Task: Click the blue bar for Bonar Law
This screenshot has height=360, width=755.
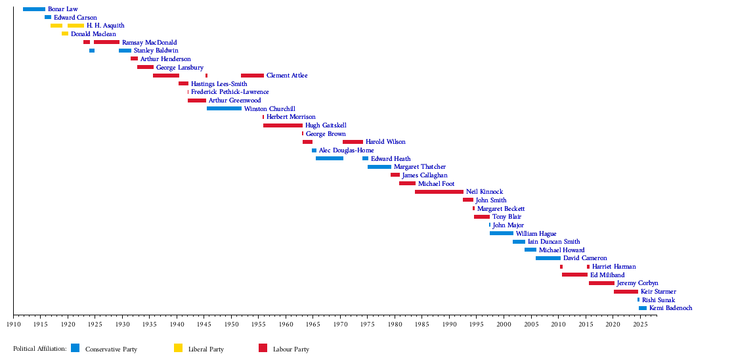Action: (33, 9)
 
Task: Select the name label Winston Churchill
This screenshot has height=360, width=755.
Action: (269, 109)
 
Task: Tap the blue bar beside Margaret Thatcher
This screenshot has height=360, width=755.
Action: (379, 167)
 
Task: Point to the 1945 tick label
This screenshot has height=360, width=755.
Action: (204, 324)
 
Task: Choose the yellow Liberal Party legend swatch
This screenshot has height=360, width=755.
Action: (178, 348)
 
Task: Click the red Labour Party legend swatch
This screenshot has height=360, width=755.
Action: (263, 348)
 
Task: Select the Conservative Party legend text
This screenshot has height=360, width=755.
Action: (111, 349)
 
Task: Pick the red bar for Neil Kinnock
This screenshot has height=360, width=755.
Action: (439, 192)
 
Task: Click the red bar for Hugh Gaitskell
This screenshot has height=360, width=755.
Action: (282, 125)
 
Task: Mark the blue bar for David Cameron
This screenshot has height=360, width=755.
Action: (548, 258)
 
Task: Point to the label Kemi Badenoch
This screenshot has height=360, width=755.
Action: (670, 308)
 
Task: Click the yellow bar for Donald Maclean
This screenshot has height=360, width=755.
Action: (65, 34)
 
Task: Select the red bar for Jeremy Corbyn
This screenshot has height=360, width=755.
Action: (601, 283)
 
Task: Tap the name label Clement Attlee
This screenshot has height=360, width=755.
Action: (287, 76)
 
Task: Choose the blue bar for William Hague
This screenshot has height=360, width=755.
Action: (501, 233)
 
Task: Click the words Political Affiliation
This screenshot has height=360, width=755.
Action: (39, 349)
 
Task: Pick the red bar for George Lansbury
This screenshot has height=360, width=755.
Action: (145, 67)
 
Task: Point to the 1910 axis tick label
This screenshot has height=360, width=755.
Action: (13, 324)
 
